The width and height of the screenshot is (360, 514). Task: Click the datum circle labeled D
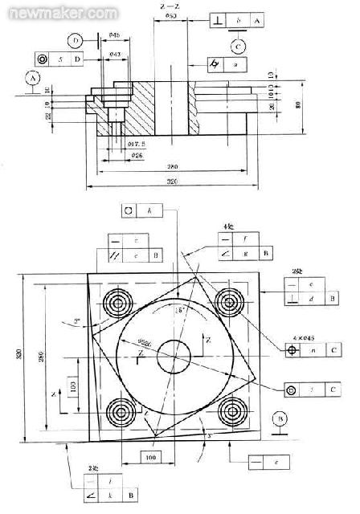tap(76, 39)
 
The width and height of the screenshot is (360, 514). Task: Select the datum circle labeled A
tap(32, 78)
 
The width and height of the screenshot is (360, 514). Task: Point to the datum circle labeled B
tap(280, 419)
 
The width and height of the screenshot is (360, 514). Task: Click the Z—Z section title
tap(170, 6)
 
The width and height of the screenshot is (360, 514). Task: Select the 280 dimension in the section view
tap(171, 167)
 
